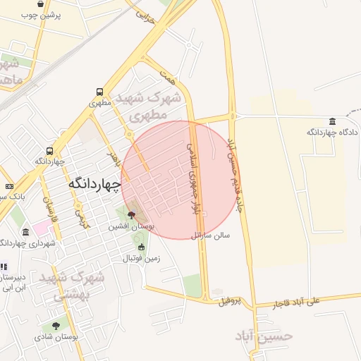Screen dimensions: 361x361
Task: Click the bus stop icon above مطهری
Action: [99, 92]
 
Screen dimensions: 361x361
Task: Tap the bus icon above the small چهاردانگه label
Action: [49, 150]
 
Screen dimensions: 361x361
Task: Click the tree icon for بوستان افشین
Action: [131, 215]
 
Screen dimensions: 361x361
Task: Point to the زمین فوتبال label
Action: [142, 258]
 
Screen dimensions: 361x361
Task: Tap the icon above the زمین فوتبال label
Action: [141, 247]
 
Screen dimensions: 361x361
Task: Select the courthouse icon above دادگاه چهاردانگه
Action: [333, 121]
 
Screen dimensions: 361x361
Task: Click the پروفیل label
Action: [230, 302]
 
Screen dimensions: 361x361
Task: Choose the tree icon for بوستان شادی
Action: [56, 326]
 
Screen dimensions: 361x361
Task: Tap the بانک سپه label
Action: [13, 196]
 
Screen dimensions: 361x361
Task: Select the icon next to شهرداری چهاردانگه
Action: [26, 232]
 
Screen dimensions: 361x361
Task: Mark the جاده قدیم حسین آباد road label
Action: [239, 173]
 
